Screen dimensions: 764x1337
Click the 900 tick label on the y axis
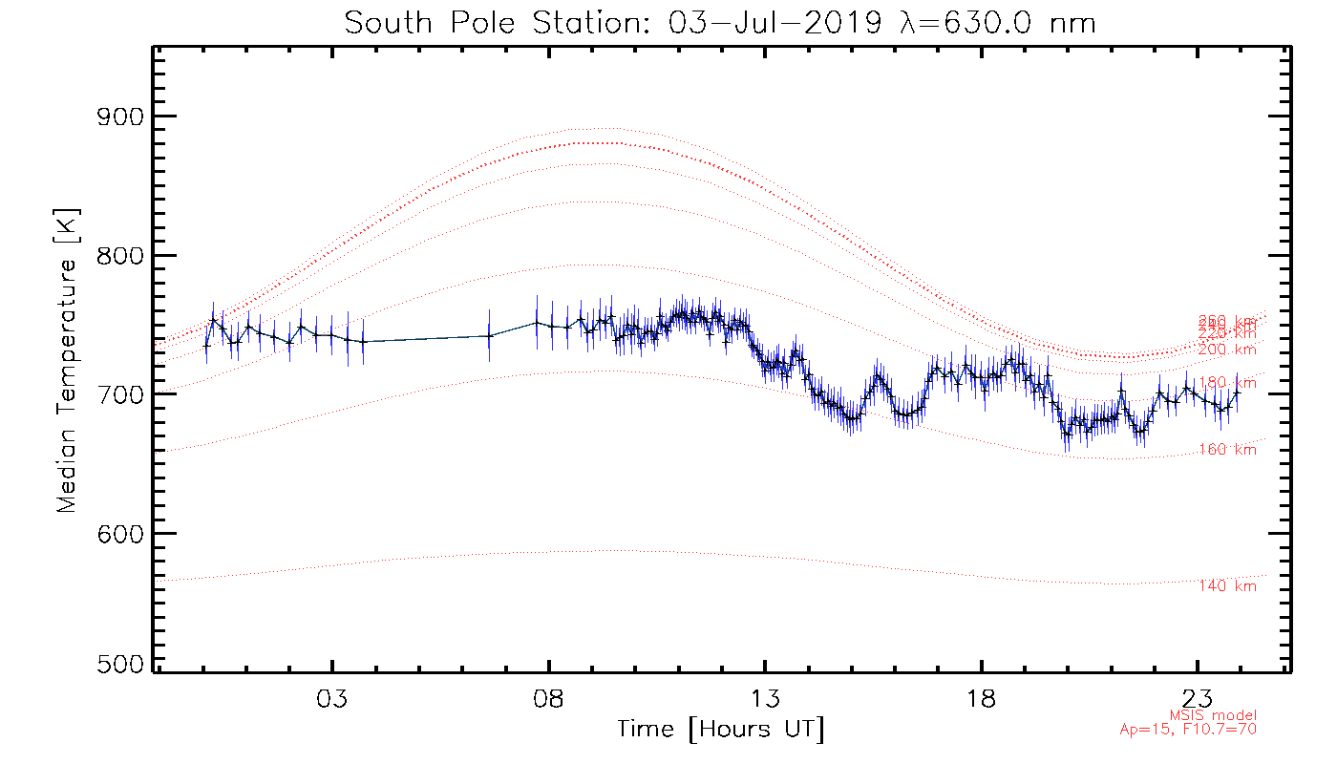pos(122,117)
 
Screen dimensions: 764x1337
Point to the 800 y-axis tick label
pos(122,256)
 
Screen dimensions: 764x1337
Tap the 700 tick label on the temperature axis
pos(122,394)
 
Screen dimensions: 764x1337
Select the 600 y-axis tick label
pos(122,533)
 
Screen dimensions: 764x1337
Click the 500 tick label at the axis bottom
pos(122,665)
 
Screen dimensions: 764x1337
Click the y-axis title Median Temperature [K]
pos(67,361)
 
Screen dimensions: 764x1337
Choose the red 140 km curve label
pos(1227,586)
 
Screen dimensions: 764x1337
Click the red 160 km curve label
pos(1227,450)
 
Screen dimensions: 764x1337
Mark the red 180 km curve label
pos(1227,383)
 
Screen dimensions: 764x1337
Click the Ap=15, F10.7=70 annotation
pos(1188,730)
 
